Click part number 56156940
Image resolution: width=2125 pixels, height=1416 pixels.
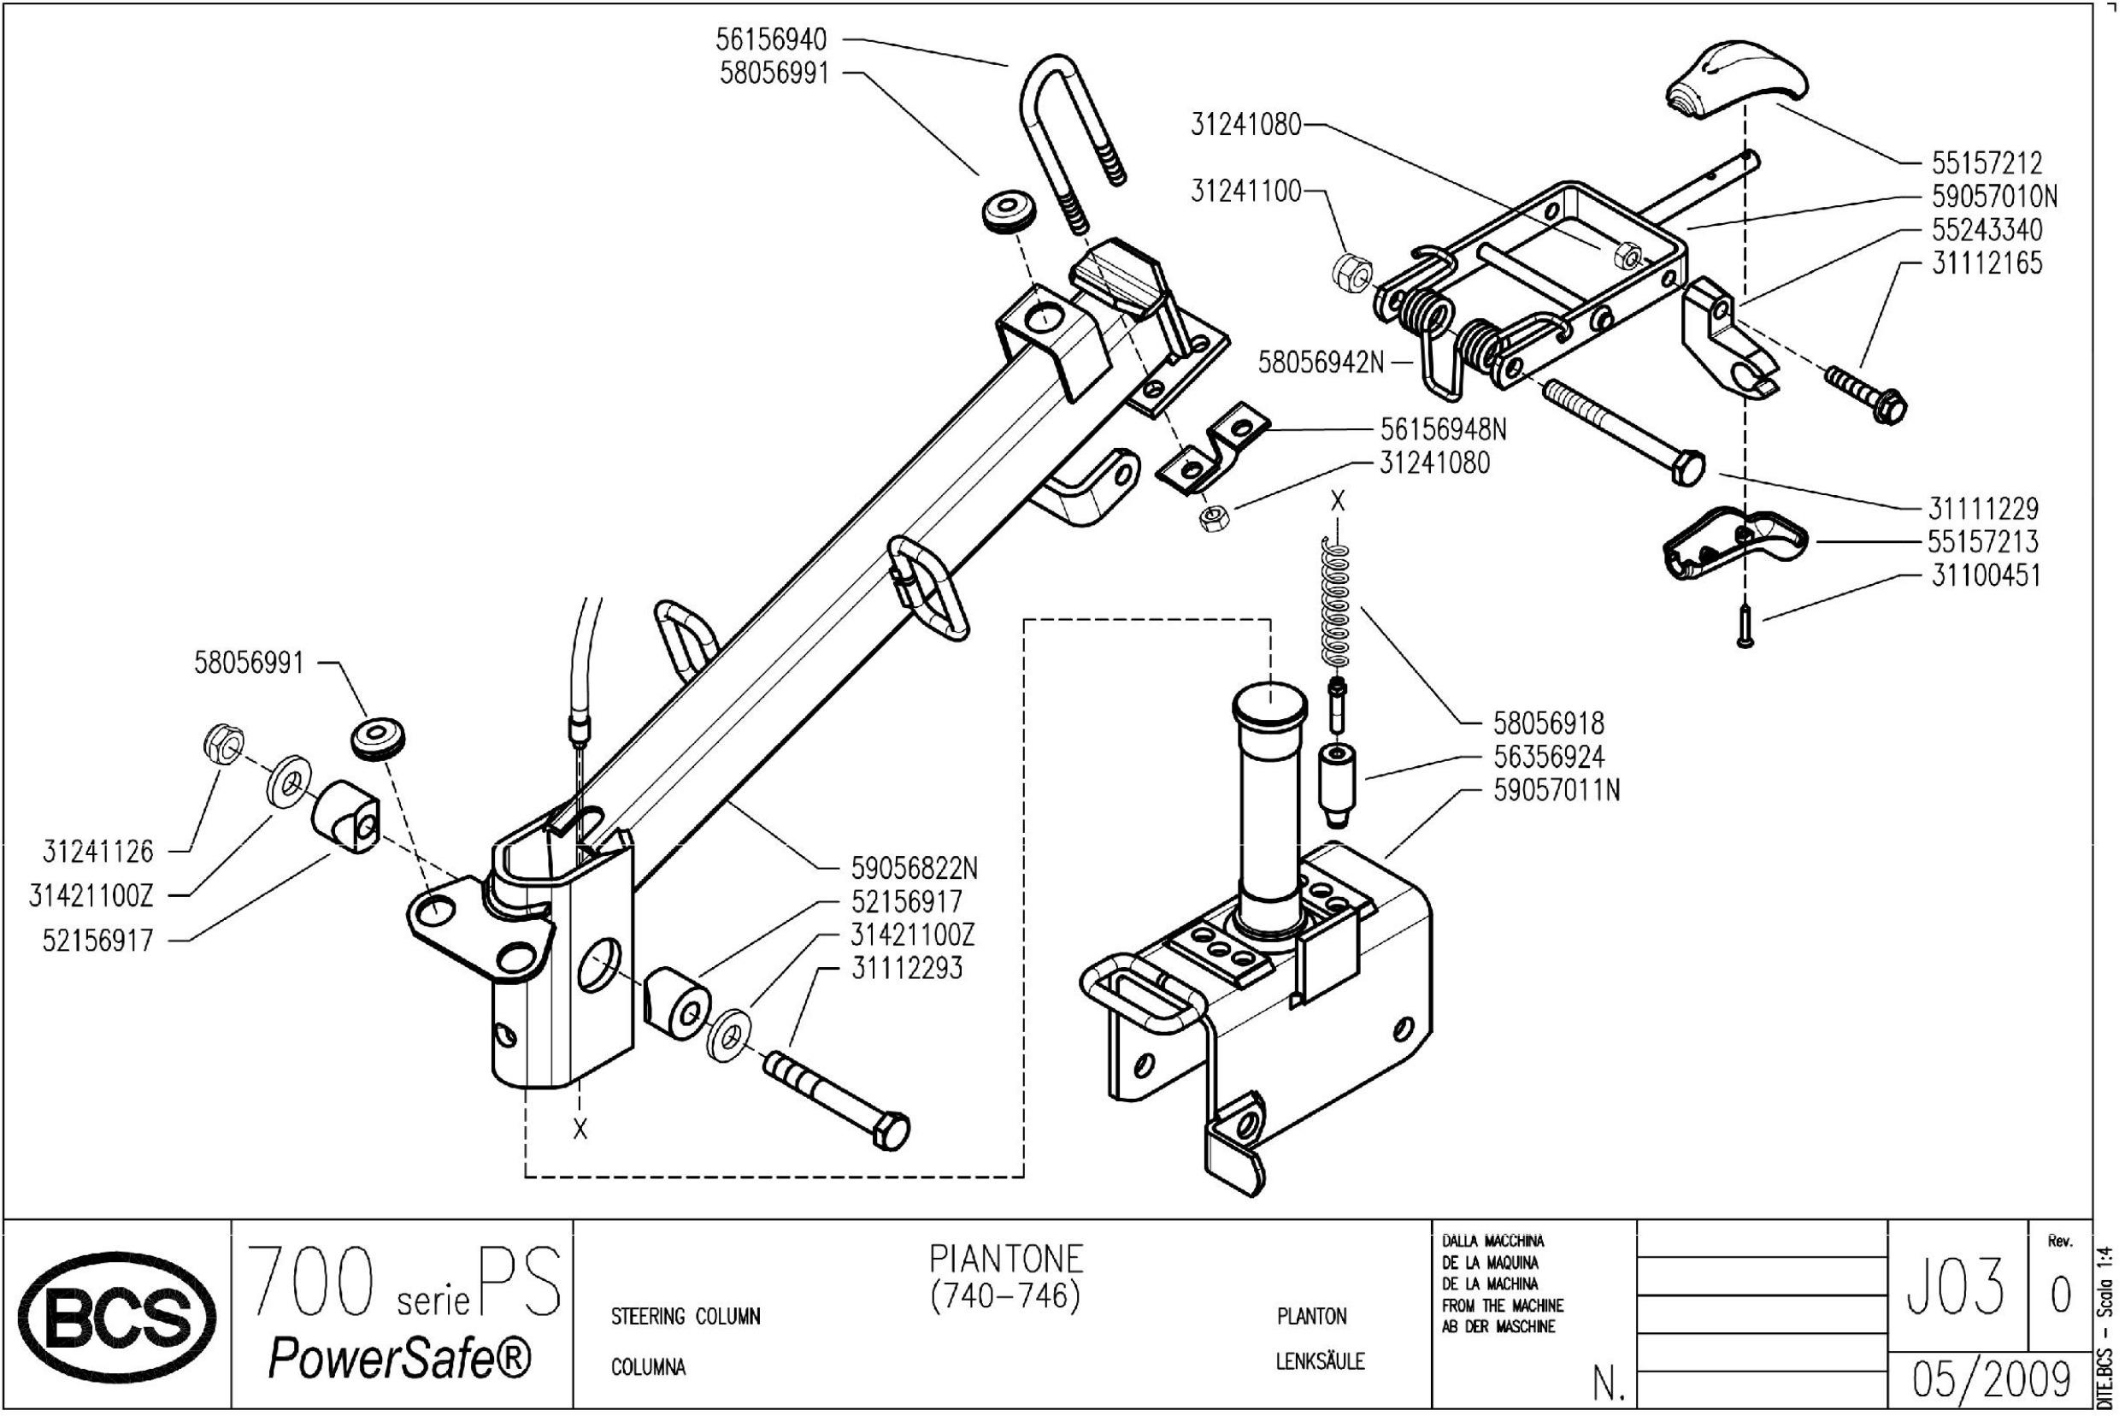772,41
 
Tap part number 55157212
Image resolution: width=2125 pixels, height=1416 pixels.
1987,163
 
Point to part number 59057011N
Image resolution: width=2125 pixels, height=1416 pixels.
1557,790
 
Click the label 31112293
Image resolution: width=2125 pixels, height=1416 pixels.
907,968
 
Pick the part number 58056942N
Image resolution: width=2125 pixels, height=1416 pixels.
1321,363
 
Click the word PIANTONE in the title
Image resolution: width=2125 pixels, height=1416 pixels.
1007,1258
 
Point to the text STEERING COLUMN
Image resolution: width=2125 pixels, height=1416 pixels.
686,1317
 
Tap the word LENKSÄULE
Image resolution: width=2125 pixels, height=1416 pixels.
1320,1361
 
